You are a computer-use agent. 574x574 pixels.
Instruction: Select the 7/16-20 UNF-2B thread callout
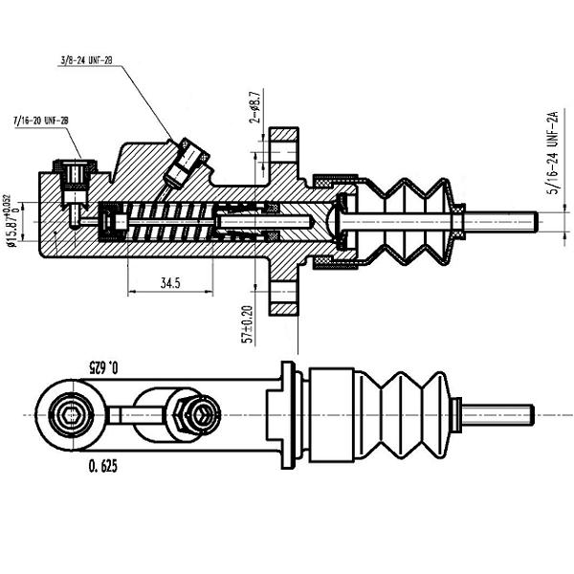coord(40,121)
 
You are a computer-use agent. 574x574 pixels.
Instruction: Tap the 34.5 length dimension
coord(171,283)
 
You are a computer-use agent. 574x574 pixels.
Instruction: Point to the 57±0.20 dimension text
coord(248,322)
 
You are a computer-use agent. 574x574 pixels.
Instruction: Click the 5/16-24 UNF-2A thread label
coord(552,153)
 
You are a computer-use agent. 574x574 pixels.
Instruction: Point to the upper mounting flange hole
coord(284,152)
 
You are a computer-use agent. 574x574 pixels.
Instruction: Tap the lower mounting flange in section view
coord(284,292)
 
